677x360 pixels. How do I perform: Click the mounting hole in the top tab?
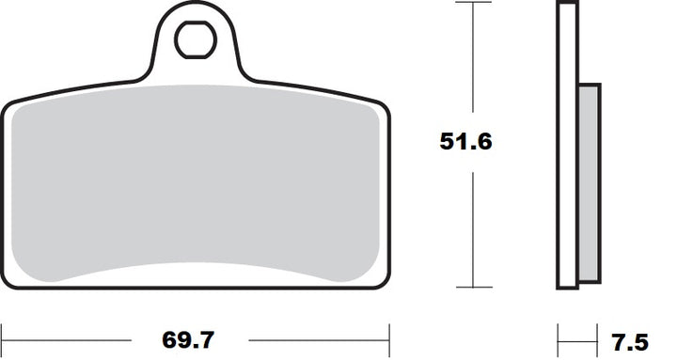196,39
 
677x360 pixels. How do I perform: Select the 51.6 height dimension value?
465,142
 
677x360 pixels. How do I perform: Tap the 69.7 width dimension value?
188,340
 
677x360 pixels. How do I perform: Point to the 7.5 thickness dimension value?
630,342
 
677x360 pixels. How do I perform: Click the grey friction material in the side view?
589,183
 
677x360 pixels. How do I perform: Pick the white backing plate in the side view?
567,145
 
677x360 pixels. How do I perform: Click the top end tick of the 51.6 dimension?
473,2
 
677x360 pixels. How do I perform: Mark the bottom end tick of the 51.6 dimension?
474,287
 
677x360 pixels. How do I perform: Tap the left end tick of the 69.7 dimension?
2,340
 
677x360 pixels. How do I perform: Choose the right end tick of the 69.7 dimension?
389,340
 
